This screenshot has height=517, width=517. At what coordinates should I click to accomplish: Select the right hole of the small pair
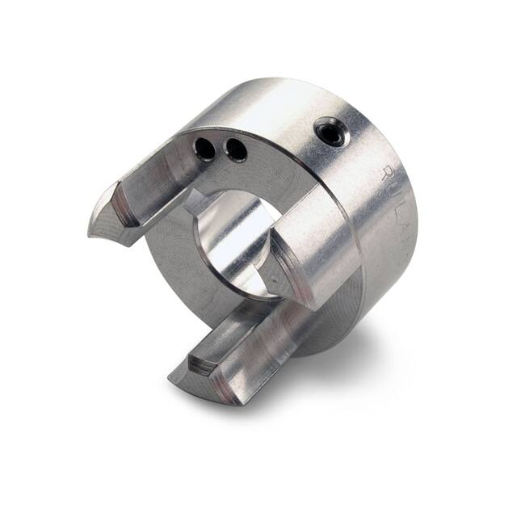(x=235, y=149)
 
